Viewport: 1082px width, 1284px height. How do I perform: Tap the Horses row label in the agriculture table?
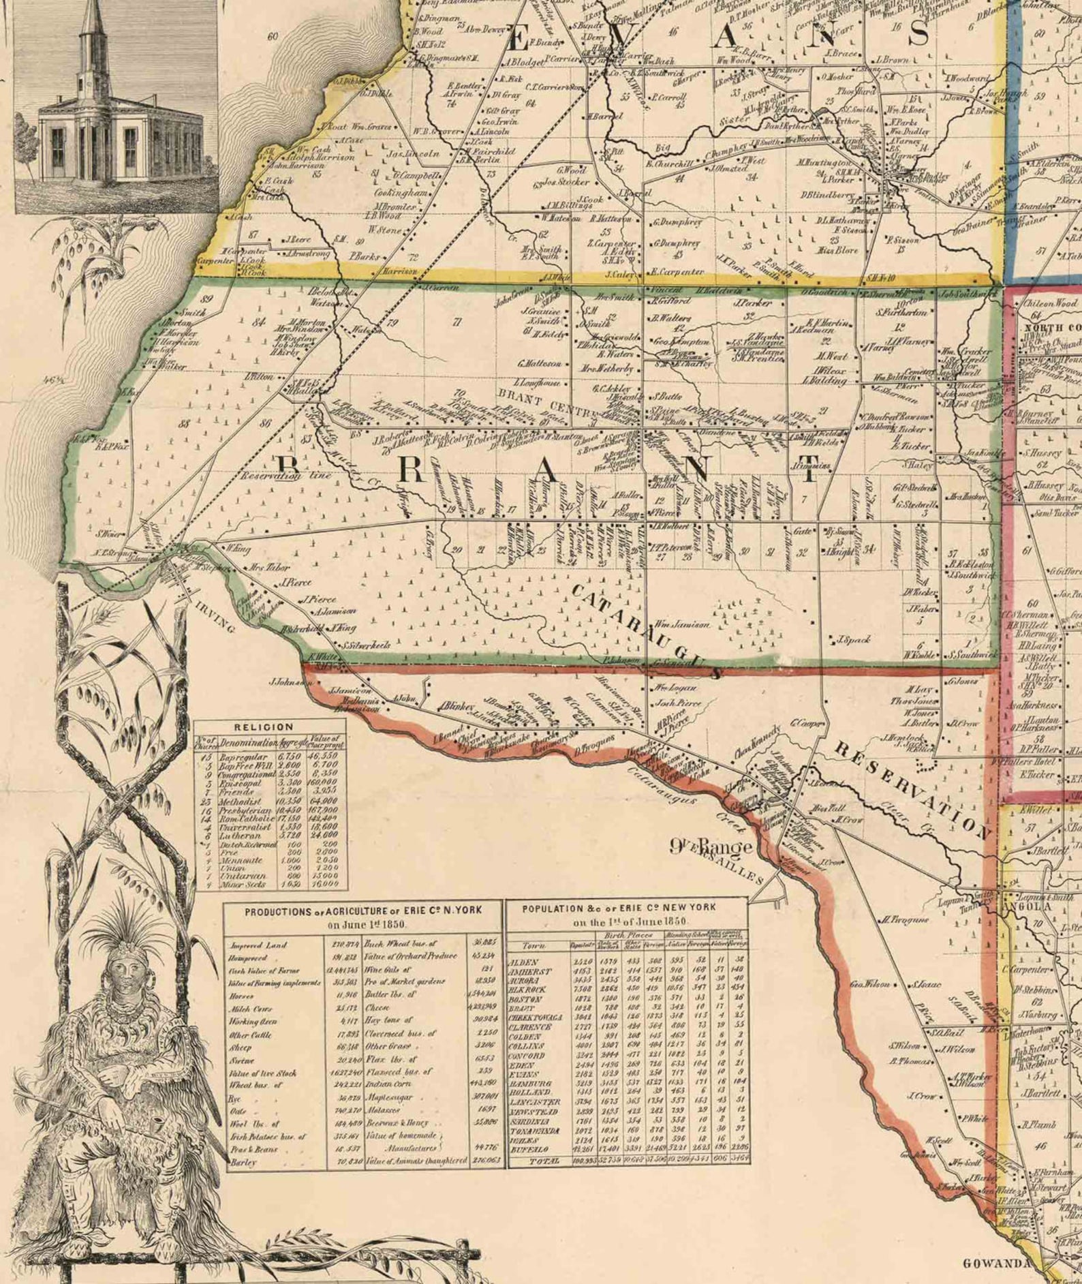242,996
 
